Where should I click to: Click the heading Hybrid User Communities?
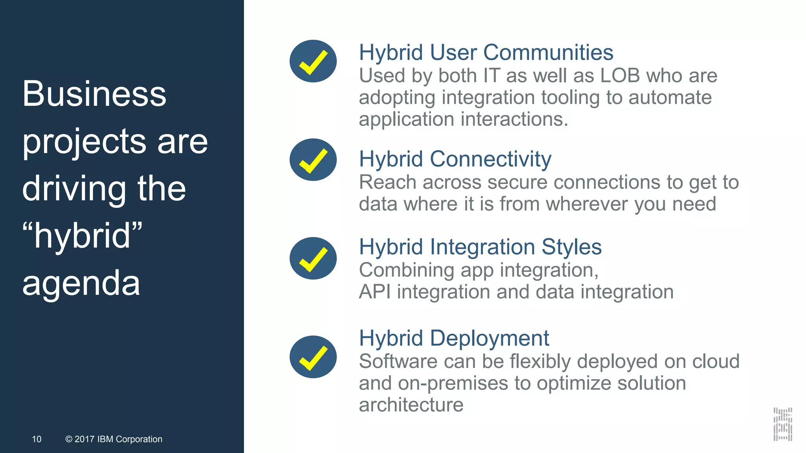(x=486, y=53)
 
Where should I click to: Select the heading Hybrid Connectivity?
(x=455, y=159)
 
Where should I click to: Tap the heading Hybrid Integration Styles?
(x=480, y=247)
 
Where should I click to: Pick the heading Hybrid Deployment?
(x=454, y=338)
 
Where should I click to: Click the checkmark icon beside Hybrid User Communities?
(x=313, y=61)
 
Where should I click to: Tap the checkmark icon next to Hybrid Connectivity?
(x=313, y=160)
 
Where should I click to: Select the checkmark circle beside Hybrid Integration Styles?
(x=313, y=258)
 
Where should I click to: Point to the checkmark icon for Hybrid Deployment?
(x=313, y=357)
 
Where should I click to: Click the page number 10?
(x=37, y=439)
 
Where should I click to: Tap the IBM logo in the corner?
(x=782, y=424)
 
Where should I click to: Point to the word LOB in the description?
(x=620, y=75)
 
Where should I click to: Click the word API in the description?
(x=374, y=292)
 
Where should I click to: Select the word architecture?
(x=411, y=405)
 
